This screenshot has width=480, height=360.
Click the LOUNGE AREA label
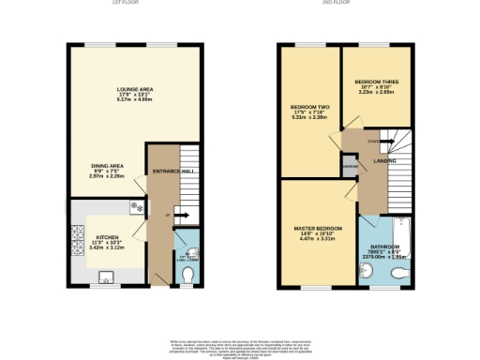134,89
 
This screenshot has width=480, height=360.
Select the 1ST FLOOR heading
126,3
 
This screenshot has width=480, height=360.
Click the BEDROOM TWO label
308,109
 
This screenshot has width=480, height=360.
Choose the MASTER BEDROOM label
318,229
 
